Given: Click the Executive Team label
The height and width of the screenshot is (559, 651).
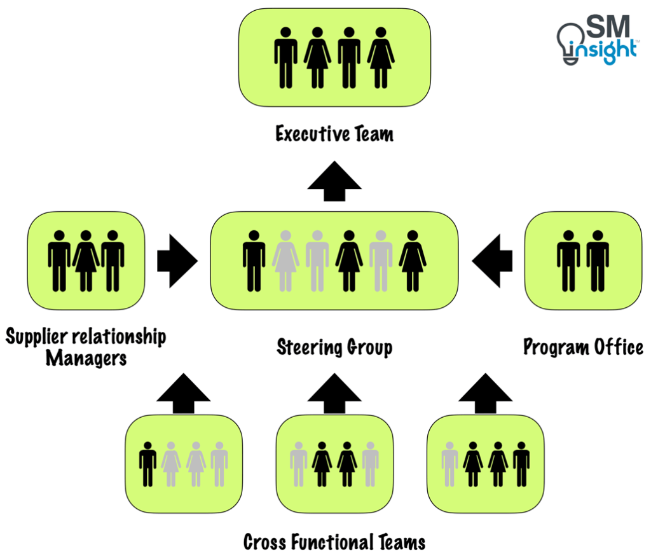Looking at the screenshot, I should tap(334, 134).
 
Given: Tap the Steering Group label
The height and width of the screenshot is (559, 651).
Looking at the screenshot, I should tap(334, 347).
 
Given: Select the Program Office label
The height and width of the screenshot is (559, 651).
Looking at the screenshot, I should tap(583, 347).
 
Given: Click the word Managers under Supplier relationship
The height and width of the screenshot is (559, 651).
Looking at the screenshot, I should tap(86, 359).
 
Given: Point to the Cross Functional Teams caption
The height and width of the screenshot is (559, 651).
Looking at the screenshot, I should tap(334, 542).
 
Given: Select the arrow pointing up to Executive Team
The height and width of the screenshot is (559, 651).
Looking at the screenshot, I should tap(334, 182).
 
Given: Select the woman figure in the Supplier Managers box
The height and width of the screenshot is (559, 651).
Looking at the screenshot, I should tap(86, 261).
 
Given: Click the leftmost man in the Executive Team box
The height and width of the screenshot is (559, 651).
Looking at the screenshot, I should tap(285, 57).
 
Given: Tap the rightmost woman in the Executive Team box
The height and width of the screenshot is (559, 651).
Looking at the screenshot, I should tap(381, 57).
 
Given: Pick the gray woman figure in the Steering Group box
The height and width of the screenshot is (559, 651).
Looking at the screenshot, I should tap(285, 261).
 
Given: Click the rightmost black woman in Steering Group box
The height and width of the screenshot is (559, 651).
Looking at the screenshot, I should tap(413, 261).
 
